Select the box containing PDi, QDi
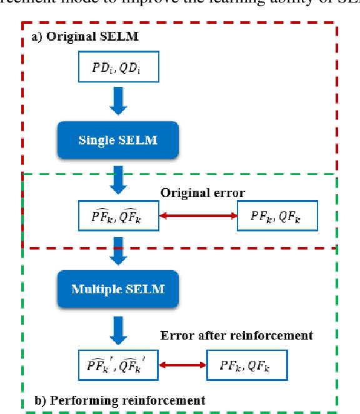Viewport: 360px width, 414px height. [117, 68]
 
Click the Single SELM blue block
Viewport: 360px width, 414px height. [117, 139]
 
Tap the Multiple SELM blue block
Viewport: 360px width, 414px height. [117, 288]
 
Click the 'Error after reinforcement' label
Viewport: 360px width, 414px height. [236, 336]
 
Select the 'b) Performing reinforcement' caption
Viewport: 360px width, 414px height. [119, 399]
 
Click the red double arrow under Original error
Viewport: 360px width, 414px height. [198, 216]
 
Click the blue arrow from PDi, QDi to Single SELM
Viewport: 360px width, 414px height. [117, 100]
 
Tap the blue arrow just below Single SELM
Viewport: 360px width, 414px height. [117, 179]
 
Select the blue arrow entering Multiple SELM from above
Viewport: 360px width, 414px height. [117, 251]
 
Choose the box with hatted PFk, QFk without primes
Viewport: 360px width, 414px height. [117, 216]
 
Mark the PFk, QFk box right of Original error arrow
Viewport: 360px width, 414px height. [277, 216]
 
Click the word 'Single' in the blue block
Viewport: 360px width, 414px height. [94, 139]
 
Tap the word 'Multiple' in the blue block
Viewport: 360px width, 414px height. [94, 288]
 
